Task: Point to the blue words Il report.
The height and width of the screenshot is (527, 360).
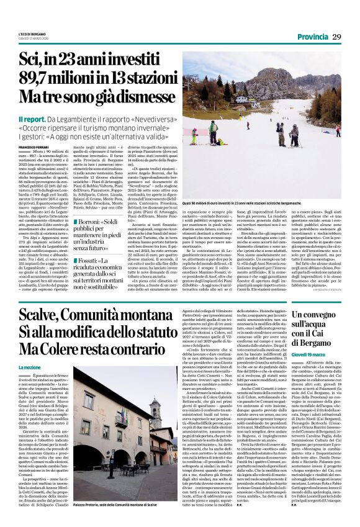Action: pos(31,118)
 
